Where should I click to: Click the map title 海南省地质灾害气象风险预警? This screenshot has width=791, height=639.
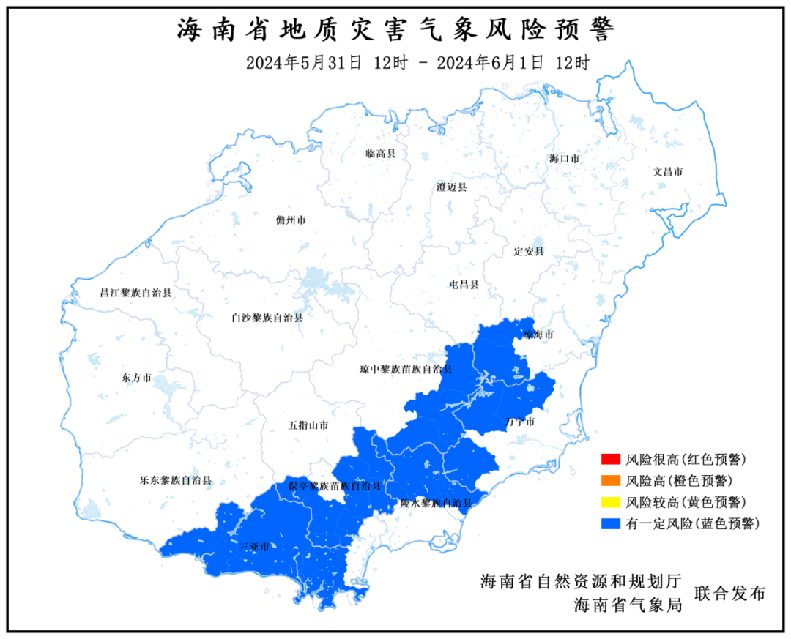pyautogui.click(x=395, y=30)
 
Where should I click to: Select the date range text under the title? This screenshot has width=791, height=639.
pyautogui.click(x=417, y=63)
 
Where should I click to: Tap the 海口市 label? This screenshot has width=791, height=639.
pyautogui.click(x=565, y=158)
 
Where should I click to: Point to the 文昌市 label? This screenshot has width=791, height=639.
pyautogui.click(x=668, y=172)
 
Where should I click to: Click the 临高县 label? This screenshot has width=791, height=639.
pyautogui.click(x=381, y=154)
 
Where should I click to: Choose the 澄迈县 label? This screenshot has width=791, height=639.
pyautogui.click(x=451, y=187)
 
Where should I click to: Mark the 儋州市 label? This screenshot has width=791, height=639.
pyautogui.click(x=291, y=220)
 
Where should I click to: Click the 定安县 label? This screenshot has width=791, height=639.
pyautogui.click(x=529, y=251)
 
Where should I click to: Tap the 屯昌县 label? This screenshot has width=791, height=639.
pyautogui.click(x=464, y=284)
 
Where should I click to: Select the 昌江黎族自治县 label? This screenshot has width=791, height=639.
pyautogui.click(x=135, y=293)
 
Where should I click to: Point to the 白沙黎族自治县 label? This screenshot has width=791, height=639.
pyautogui.click(x=267, y=318)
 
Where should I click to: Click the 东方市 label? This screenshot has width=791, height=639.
pyautogui.click(x=135, y=378)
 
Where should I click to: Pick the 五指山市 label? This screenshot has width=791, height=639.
pyautogui.click(x=308, y=425)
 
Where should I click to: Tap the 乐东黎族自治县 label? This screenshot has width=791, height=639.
pyautogui.click(x=176, y=481)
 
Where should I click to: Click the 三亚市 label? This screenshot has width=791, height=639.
pyautogui.click(x=253, y=547)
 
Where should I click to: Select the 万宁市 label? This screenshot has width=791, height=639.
pyautogui.click(x=520, y=422)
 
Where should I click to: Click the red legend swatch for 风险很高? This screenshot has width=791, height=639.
pyautogui.click(x=609, y=460)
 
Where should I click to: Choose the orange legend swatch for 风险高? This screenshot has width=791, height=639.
pyautogui.click(x=609, y=481)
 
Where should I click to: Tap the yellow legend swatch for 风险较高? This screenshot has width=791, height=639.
pyautogui.click(x=609, y=502)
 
